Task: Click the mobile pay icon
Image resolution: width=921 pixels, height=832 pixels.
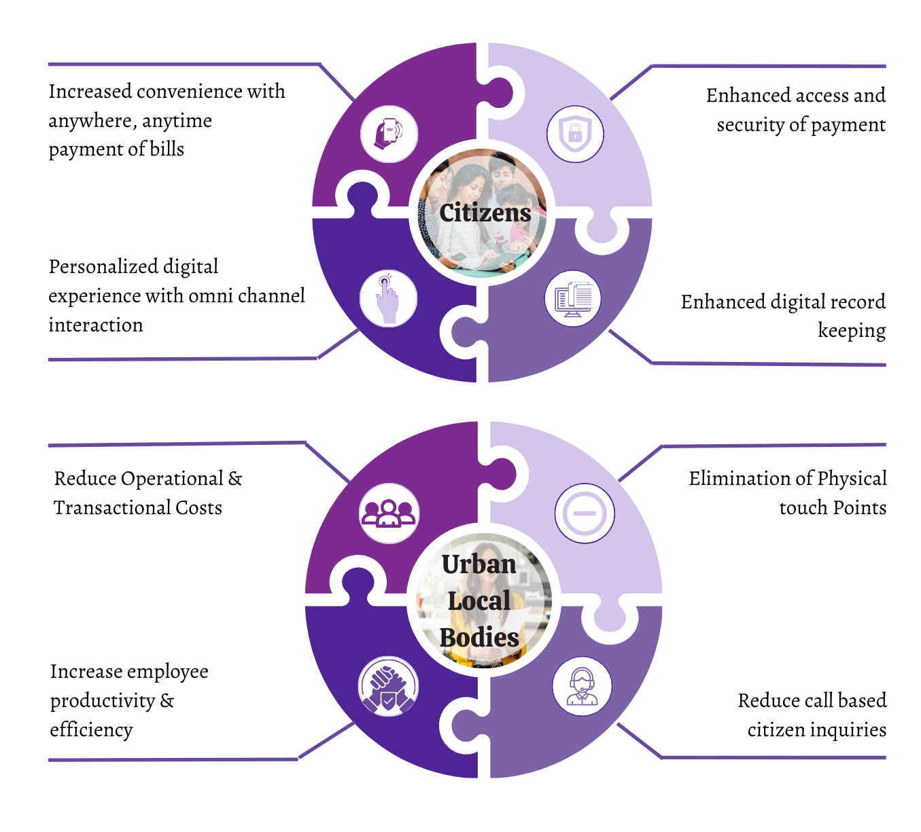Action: coord(389,134)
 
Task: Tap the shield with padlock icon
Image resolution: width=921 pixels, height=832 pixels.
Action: coord(575,134)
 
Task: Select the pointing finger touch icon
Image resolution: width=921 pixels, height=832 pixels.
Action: coord(387,299)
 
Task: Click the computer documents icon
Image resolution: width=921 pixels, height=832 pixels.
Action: coord(574,299)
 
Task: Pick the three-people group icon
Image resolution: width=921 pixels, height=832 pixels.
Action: coord(388,513)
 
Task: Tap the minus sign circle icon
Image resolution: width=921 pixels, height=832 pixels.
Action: coord(585,513)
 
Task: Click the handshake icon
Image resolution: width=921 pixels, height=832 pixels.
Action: coord(388,687)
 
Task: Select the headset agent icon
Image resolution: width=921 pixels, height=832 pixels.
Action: coord(582,686)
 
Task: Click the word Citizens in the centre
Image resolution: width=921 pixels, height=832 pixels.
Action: coord(485,213)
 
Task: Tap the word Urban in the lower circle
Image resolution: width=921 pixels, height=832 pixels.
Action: coord(479,564)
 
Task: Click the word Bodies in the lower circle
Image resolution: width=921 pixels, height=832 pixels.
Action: coord(479,638)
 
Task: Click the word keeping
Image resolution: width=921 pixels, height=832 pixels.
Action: coord(852,331)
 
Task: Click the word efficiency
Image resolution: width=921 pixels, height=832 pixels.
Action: coord(91,729)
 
